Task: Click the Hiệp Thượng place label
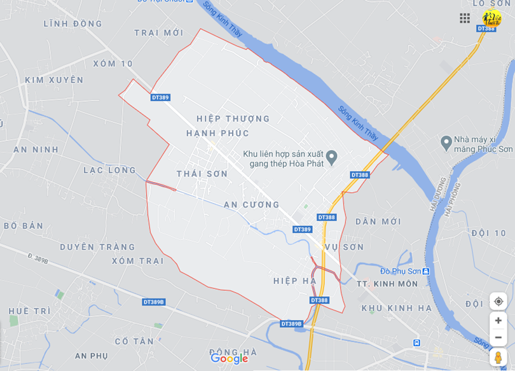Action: click(233, 119)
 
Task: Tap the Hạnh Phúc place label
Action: click(217, 133)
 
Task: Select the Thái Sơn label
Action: click(202, 174)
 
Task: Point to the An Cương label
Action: click(252, 205)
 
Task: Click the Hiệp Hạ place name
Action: click(294, 281)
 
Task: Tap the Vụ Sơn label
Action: click(344, 247)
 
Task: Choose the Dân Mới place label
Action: click(378, 221)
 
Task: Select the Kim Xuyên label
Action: click(54, 80)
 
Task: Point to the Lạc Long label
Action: click(109, 171)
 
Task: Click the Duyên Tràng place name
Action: click(97, 247)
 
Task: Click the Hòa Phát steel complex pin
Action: click(331, 156)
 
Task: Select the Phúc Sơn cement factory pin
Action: click(446, 141)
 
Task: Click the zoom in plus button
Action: click(498, 321)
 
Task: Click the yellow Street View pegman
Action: click(498, 357)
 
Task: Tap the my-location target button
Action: click(498, 301)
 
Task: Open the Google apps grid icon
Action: click(465, 18)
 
